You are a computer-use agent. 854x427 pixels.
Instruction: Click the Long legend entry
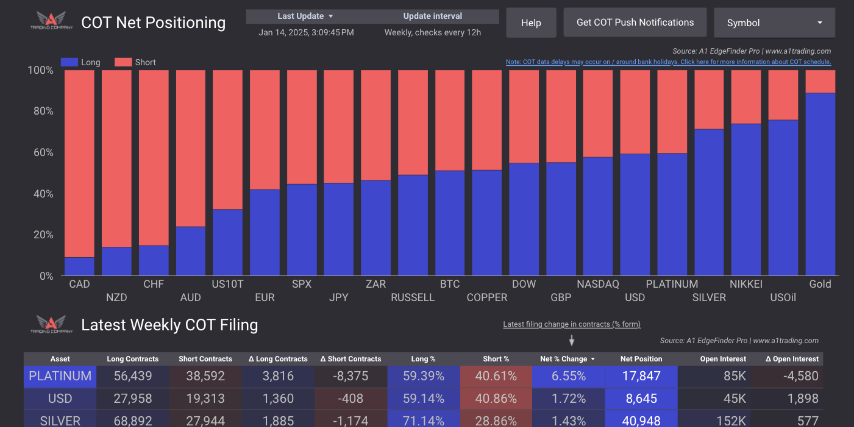[81, 62]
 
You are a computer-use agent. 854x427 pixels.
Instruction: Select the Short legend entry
[135, 62]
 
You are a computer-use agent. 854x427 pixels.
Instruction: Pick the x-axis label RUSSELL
[412, 297]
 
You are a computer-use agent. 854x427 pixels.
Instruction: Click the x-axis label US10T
[227, 284]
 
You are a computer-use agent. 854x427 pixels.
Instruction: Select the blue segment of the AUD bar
[191, 251]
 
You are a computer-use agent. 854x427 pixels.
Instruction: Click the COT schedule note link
[668, 62]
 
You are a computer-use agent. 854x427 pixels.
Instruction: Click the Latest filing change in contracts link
[572, 324]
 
